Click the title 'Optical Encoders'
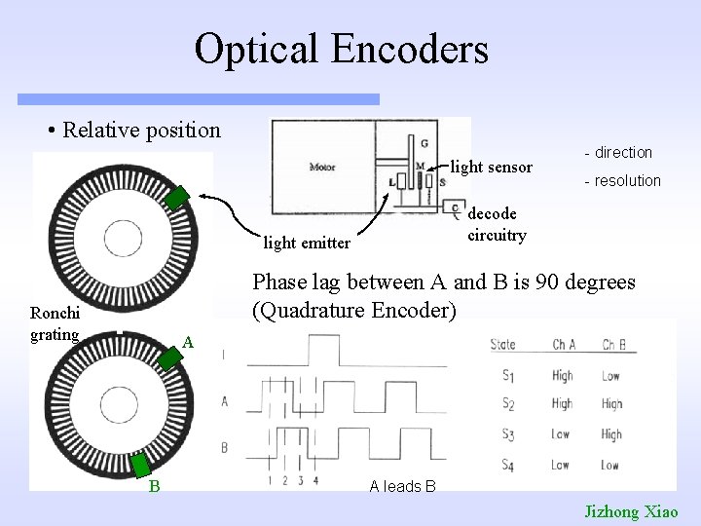point(341,49)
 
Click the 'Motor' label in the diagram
point(322,166)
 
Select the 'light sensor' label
point(492,168)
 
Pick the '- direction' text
point(618,153)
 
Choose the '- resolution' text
point(622,181)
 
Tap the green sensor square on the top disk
point(176,197)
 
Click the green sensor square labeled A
point(171,358)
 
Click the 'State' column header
point(503,344)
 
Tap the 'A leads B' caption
point(402,486)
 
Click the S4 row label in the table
point(506,465)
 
